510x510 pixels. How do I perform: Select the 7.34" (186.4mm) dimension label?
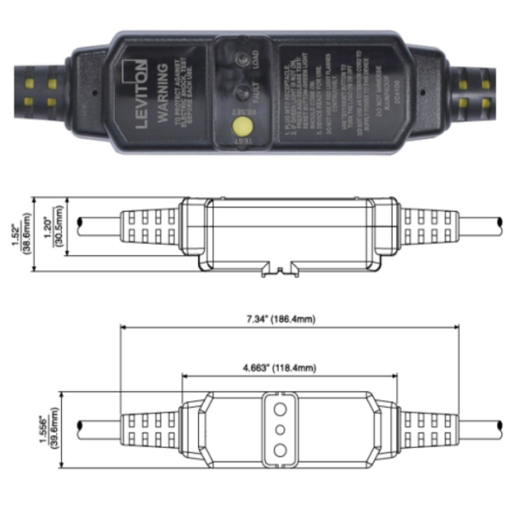[x=289, y=320]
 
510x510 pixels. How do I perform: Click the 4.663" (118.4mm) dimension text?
[x=289, y=368]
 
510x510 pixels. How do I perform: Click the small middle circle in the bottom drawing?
[x=280, y=429]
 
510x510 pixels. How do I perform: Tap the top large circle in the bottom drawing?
[x=280, y=409]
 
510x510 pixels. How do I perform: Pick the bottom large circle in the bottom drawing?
[x=280, y=450]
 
